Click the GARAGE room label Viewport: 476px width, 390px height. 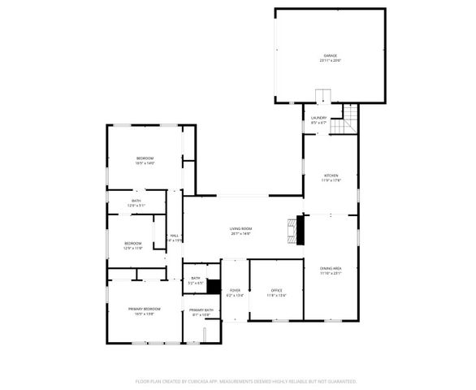[x=330, y=55]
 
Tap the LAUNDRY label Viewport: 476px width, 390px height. [x=318, y=118]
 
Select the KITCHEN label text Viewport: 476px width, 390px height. [x=331, y=175]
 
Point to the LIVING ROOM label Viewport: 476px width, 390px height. [x=240, y=228]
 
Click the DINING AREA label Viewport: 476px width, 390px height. [x=330, y=268]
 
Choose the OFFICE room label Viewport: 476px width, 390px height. [x=276, y=290]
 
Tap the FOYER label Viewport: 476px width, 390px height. [x=235, y=290]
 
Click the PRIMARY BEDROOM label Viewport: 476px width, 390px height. [x=145, y=309]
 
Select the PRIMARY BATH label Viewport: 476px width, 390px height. [x=201, y=310]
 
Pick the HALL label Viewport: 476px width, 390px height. [x=174, y=236]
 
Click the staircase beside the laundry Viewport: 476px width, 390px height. [x=348, y=119]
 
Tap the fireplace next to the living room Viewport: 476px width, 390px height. [x=299, y=229]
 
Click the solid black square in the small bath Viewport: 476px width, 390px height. [x=214, y=286]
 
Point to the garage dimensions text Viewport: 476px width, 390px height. [x=330, y=61]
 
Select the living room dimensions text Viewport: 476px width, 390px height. [x=240, y=233]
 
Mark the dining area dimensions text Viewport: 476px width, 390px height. [x=330, y=274]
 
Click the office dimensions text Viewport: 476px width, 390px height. [x=276, y=295]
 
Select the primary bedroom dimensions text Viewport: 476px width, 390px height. [x=145, y=314]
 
